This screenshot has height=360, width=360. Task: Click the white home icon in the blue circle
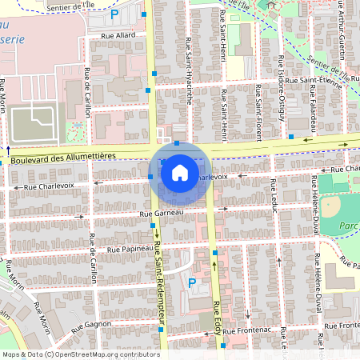(x=180, y=172)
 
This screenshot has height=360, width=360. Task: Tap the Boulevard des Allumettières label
(x=65, y=158)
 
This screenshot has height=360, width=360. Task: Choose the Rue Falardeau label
(x=310, y=113)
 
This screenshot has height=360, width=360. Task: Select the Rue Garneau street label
(x=161, y=214)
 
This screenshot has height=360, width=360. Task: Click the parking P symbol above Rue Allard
(x=114, y=14)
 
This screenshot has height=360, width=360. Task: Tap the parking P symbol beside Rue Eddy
(x=191, y=282)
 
